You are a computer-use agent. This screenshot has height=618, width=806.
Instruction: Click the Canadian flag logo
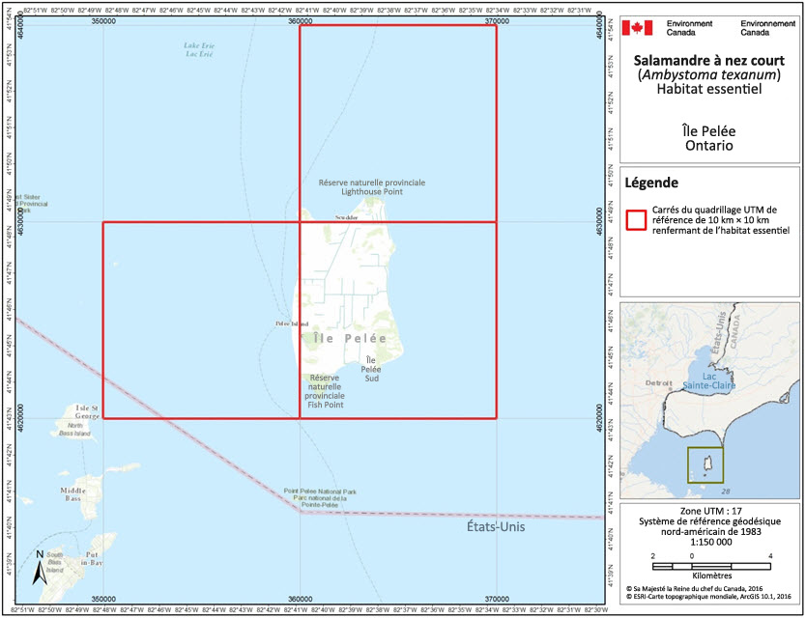638,27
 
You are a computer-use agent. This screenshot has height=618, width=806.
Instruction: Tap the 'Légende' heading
650,183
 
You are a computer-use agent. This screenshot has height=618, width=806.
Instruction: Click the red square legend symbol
635,219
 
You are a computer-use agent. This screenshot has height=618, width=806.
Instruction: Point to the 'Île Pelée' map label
350,339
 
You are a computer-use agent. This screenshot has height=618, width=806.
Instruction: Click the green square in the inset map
705,465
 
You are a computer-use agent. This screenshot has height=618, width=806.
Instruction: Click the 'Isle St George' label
74,408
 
